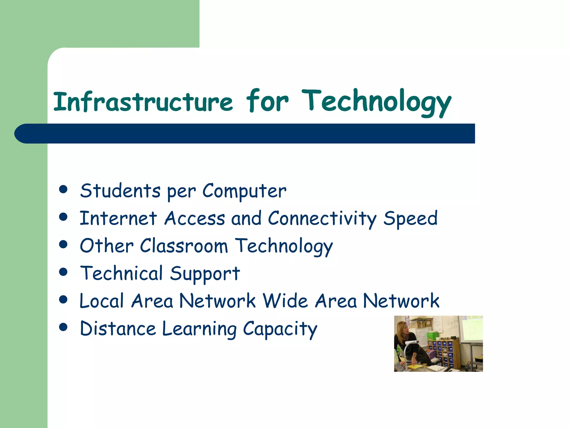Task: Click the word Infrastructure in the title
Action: pyautogui.click(x=143, y=102)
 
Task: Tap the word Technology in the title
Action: pyautogui.click(x=376, y=102)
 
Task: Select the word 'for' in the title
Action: pyautogui.click(x=267, y=101)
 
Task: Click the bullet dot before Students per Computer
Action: pyautogui.click(x=63, y=189)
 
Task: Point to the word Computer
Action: pyautogui.click(x=244, y=191)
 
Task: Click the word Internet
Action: pyautogui.click(x=118, y=218)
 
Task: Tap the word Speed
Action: pyautogui.click(x=410, y=219)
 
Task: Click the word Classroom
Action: pyautogui.click(x=184, y=246)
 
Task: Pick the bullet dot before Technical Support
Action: pyautogui.click(x=63, y=272)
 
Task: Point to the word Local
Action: pyautogui.click(x=102, y=301)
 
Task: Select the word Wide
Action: pyautogui.click(x=285, y=301)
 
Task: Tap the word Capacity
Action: pyautogui.click(x=280, y=329)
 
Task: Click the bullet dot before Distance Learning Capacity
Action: pyautogui.click(x=63, y=327)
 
